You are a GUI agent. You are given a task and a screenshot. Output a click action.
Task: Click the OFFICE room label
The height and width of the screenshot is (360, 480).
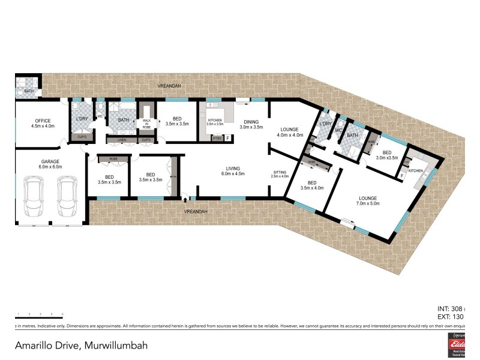42,123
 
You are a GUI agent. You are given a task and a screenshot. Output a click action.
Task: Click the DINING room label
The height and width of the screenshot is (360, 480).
251,124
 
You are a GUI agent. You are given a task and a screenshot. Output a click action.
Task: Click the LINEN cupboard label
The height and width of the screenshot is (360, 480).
121,140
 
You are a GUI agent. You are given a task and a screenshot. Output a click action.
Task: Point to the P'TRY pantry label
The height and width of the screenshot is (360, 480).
217,139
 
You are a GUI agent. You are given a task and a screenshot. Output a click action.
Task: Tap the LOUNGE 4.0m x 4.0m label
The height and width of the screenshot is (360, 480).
290,132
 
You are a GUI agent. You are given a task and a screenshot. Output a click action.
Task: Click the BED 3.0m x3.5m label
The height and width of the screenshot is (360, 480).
387,155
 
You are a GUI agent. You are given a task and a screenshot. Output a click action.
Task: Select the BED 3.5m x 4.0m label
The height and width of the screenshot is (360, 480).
311,185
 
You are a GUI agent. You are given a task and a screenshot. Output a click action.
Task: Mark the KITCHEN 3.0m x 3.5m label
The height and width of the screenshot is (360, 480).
215,122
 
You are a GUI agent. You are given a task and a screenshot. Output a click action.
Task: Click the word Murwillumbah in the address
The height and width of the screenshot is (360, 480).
116,346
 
